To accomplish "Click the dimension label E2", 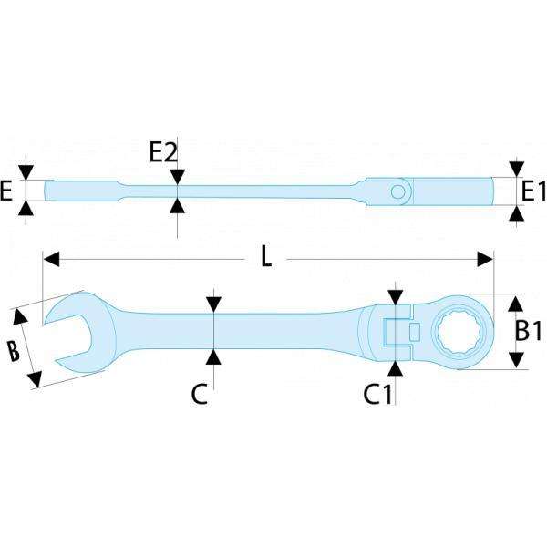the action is point(162,151).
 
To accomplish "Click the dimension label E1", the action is point(533,191).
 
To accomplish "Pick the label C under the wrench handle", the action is point(200,394).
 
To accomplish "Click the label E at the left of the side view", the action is point(7,191).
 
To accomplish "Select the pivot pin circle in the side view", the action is point(398,191).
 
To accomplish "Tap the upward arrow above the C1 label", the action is point(396,366).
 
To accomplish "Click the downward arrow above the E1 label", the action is point(516,170).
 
